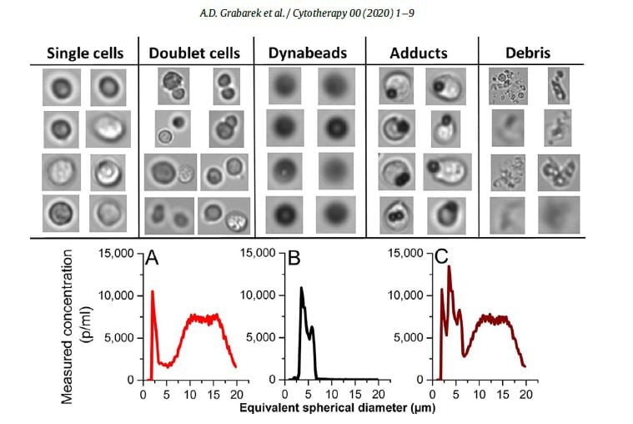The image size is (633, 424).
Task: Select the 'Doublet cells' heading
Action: pos(194,53)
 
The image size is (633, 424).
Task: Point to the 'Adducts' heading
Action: pos(418,53)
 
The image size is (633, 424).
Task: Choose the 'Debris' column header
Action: pos(527,53)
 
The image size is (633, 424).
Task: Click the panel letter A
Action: pos(152,260)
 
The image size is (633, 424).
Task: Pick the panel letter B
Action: pos(294,260)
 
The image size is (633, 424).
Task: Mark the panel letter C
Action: pos(441,260)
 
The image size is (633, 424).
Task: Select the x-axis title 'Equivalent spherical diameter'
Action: pos(336,409)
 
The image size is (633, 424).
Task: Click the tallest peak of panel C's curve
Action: pos(450,266)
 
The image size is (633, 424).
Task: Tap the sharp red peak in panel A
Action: pos(153,291)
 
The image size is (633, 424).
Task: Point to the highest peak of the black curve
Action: pos(301,288)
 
